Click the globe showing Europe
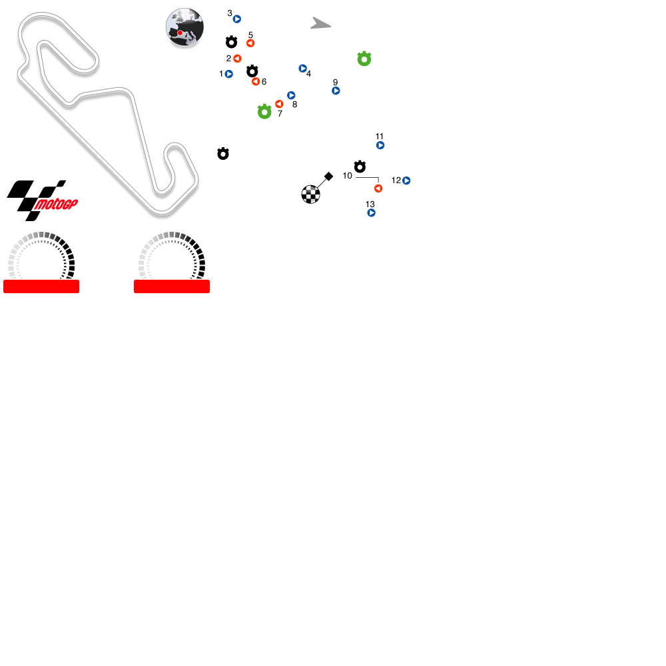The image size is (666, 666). [x=184, y=27]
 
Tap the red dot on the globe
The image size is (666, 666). [x=180, y=33]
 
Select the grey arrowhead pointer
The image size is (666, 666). [x=320, y=24]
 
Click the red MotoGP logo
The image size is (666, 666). [x=56, y=204]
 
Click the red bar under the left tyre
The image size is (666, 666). [x=41, y=286]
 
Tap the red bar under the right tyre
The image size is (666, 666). [x=172, y=286]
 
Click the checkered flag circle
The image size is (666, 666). [x=310, y=194]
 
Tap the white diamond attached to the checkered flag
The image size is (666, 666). [x=328, y=176]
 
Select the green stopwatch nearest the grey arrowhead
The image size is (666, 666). [x=364, y=59]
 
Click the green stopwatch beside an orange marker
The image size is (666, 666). [x=264, y=112]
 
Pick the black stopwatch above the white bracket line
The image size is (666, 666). [x=360, y=166]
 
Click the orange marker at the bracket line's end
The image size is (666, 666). [x=378, y=188]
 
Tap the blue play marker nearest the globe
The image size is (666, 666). [x=237, y=19]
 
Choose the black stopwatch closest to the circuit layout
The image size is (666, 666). [x=223, y=154]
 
